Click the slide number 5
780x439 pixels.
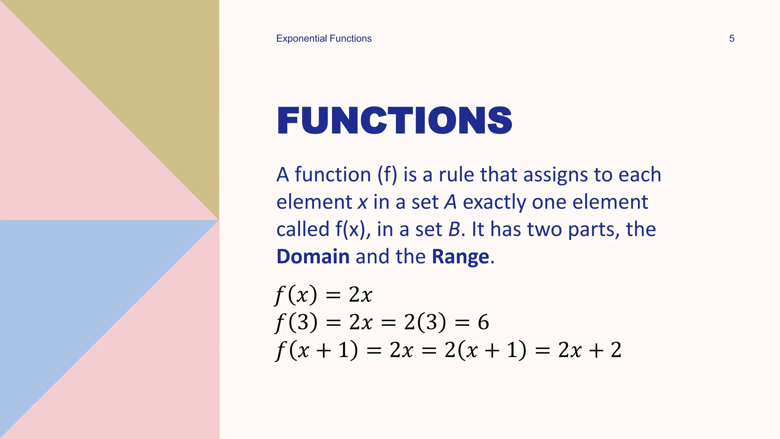point(731,38)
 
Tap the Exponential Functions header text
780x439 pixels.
point(324,38)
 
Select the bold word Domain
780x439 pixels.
point(313,256)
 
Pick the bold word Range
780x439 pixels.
point(460,256)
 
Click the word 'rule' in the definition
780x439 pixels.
point(456,175)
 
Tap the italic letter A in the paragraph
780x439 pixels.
point(450,202)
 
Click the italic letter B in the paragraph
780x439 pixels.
point(454,229)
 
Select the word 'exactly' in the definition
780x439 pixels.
point(494,202)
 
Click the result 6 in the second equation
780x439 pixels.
point(483,322)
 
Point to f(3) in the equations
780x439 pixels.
point(296,322)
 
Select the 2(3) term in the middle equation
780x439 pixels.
point(425,322)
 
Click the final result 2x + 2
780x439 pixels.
point(590,350)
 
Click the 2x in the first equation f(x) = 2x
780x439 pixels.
point(360,295)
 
